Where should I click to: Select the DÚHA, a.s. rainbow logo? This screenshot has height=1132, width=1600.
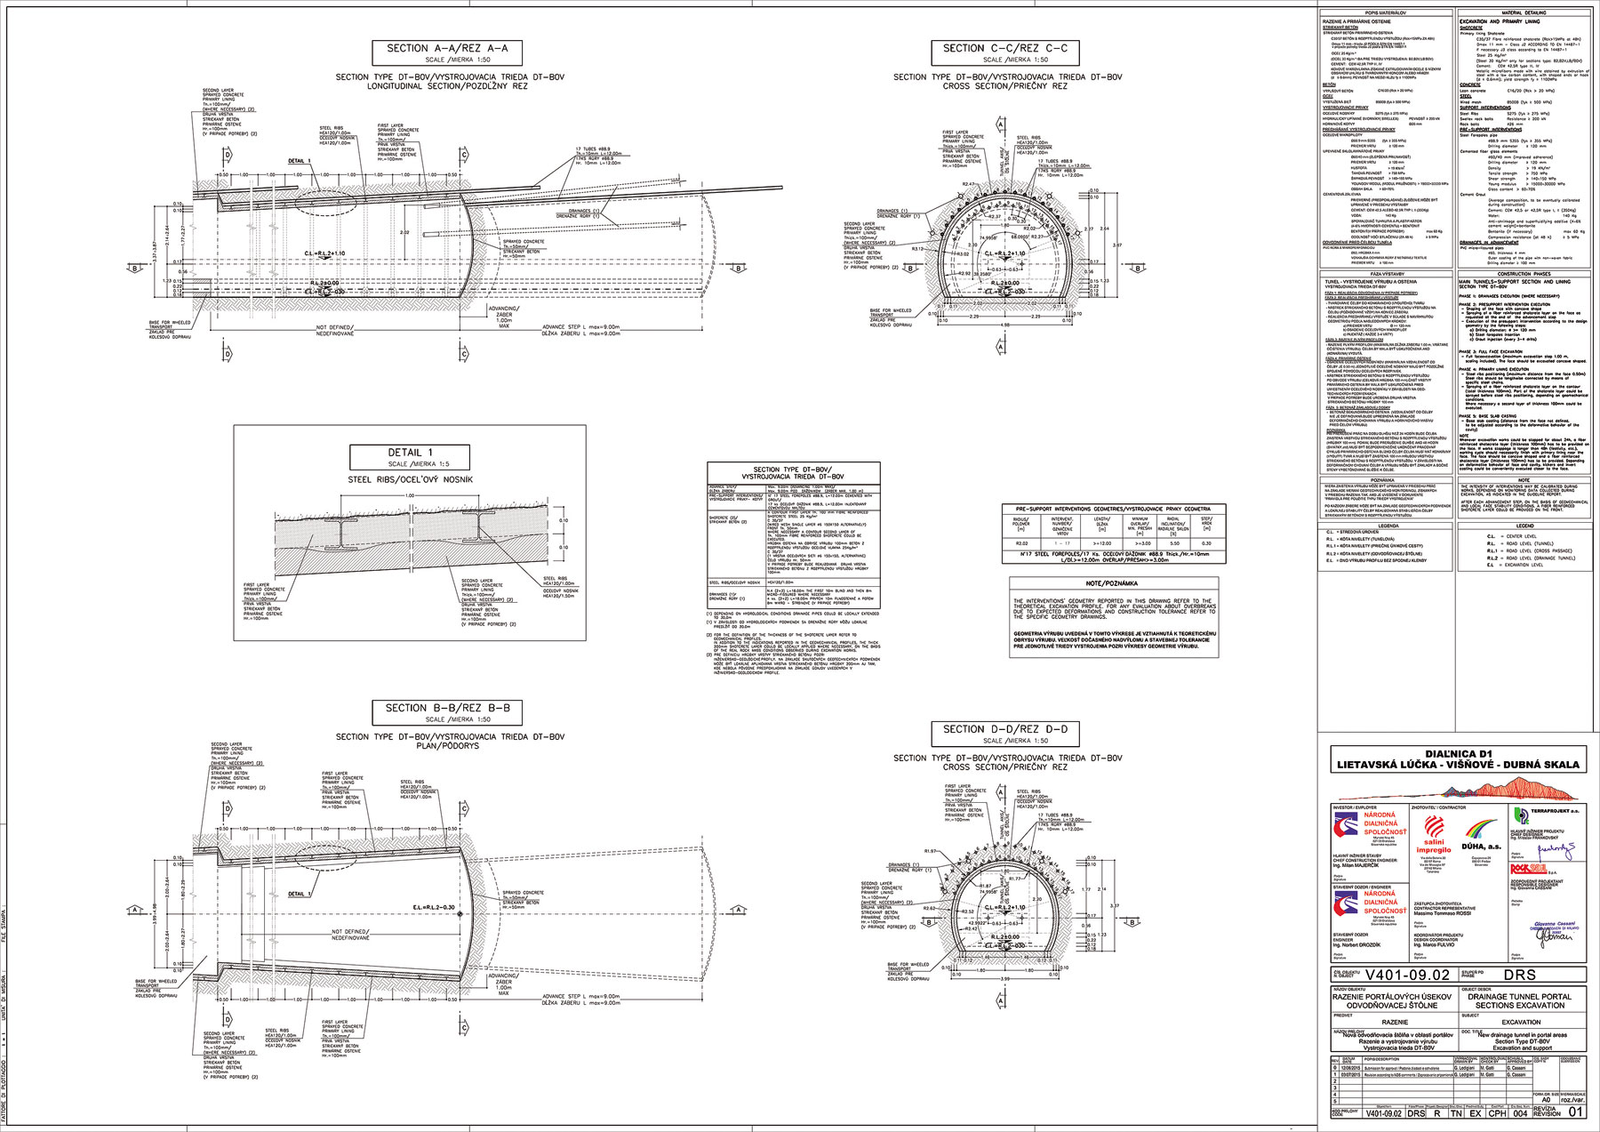coord(1482,836)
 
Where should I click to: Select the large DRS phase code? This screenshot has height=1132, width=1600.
coord(1520,975)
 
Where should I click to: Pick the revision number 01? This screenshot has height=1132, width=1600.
coord(1575,1112)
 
